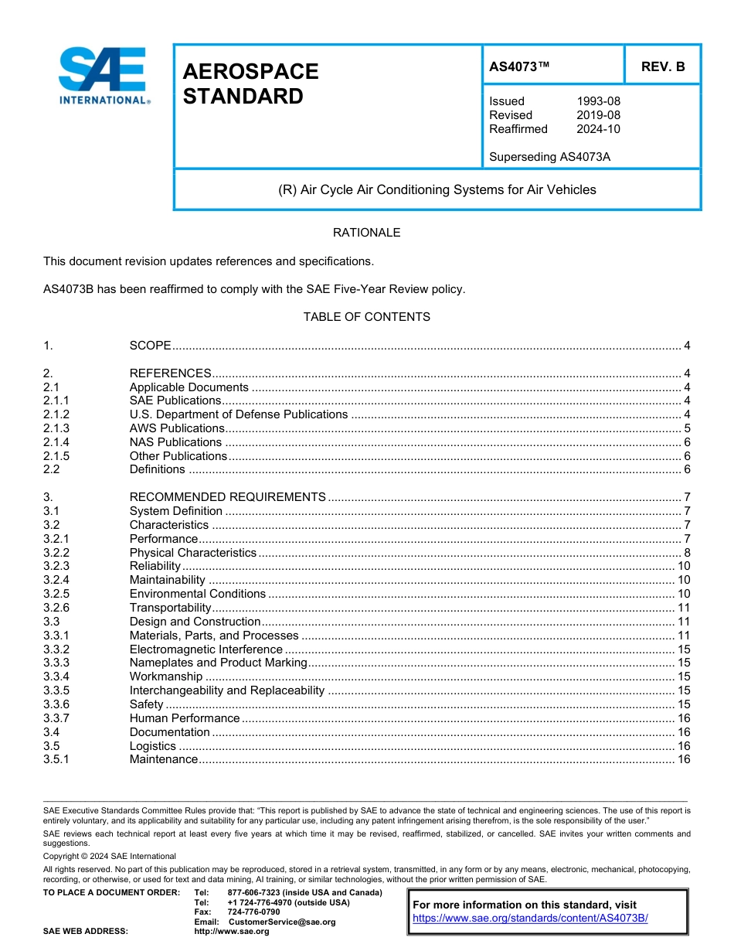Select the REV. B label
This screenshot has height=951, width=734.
662,66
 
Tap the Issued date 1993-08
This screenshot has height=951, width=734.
598,101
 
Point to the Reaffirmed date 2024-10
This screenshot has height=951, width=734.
598,129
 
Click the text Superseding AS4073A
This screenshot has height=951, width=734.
549,157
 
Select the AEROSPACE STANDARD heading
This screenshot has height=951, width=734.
250,84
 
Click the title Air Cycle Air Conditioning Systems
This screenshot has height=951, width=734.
437,189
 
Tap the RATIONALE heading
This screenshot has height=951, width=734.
366,233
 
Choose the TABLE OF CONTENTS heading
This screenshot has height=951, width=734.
366,317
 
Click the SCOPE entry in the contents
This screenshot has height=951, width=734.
150,346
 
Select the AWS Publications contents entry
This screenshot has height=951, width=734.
177,428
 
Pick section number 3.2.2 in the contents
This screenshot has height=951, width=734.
56,553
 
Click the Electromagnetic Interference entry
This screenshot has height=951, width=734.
206,649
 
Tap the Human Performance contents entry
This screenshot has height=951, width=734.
184,718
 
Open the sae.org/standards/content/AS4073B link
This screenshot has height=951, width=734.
530,919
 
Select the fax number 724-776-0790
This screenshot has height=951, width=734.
253,912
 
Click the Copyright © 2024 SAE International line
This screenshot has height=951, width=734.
110,856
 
